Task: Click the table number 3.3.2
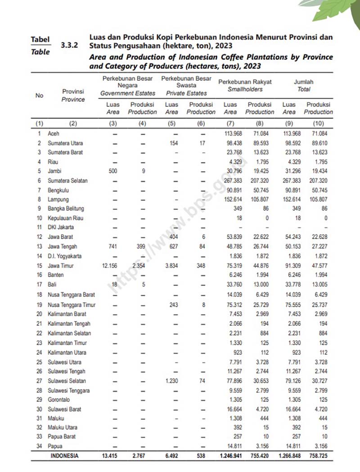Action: tap(69, 45)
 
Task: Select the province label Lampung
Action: tap(58, 199)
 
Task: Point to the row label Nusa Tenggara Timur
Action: tap(71, 305)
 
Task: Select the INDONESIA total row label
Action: tap(64, 456)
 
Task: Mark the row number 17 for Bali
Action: tap(40, 284)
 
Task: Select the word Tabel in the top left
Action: tap(40, 40)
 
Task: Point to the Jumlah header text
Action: tap(304, 82)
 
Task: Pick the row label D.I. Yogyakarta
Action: tap(65, 256)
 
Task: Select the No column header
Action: tap(40, 95)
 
